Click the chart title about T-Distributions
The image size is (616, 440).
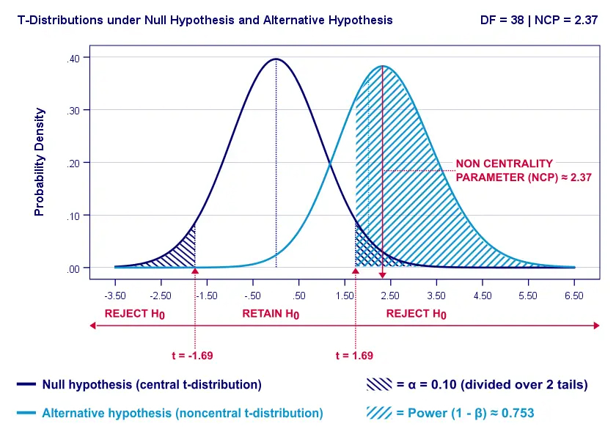[x=205, y=21]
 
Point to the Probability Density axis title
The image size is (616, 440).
[x=40, y=163]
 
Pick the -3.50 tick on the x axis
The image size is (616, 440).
[x=115, y=296]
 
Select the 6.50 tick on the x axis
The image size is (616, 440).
[x=574, y=296]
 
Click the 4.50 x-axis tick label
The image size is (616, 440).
[x=483, y=296]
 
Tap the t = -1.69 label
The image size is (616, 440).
[x=192, y=356]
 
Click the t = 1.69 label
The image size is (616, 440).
[x=354, y=356]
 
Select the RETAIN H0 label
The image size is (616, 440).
[x=271, y=314]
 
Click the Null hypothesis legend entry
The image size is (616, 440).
[x=151, y=384]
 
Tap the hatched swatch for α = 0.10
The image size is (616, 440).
[x=378, y=384]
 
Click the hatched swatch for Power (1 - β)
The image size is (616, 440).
[x=378, y=414]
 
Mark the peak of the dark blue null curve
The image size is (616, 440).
[x=276, y=59]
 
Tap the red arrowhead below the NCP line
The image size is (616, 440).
[x=382, y=274]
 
